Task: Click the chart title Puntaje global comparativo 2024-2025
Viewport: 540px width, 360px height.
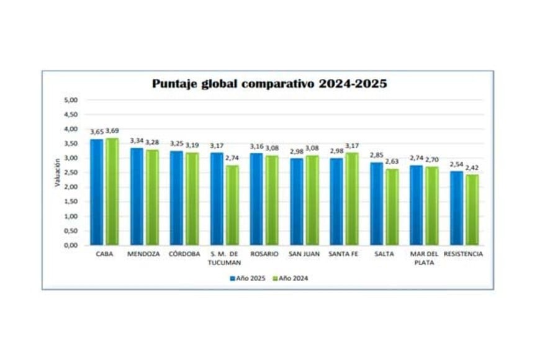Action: click(x=269, y=84)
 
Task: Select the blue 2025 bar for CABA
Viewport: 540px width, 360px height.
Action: click(x=96, y=192)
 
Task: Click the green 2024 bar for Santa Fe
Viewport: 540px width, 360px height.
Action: click(x=353, y=199)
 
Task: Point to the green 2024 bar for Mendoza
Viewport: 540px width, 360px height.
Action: click(x=151, y=197)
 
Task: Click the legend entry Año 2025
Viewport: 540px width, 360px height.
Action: click(x=248, y=278)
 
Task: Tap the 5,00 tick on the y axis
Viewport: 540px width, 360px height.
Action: click(x=71, y=100)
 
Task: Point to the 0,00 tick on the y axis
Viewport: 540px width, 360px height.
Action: click(x=71, y=245)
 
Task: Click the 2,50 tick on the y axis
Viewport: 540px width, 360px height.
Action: click(x=71, y=173)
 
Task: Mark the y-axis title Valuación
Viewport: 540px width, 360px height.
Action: click(x=56, y=173)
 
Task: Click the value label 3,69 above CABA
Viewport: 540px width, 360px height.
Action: click(x=112, y=131)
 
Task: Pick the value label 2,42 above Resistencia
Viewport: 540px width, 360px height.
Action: click(x=473, y=168)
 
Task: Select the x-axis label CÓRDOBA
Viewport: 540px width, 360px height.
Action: click(x=184, y=254)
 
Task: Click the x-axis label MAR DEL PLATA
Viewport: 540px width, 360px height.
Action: click(x=425, y=258)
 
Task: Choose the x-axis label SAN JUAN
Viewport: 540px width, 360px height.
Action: click(x=304, y=254)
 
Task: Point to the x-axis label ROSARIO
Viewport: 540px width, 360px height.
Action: click(x=264, y=254)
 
